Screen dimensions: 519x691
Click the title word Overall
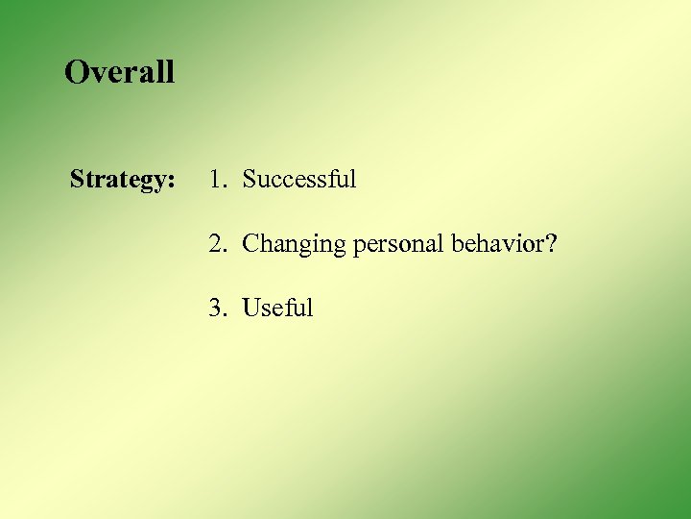click(x=119, y=72)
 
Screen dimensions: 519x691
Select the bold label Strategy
click(x=122, y=180)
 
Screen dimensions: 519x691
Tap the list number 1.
click(x=216, y=180)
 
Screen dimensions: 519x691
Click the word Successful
click(x=298, y=180)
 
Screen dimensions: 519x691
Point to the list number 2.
click(x=216, y=244)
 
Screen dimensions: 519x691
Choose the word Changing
click(x=294, y=245)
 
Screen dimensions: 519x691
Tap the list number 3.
click(x=216, y=309)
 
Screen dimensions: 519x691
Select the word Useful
click(x=277, y=309)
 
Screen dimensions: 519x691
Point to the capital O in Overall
click(x=76, y=72)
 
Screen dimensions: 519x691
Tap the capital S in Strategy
click(x=77, y=180)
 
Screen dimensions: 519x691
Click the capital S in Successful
click(x=249, y=180)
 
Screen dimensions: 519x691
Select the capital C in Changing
click(x=250, y=244)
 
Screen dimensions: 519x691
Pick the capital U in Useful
click(x=251, y=309)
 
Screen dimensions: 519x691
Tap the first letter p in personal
click(x=359, y=248)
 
